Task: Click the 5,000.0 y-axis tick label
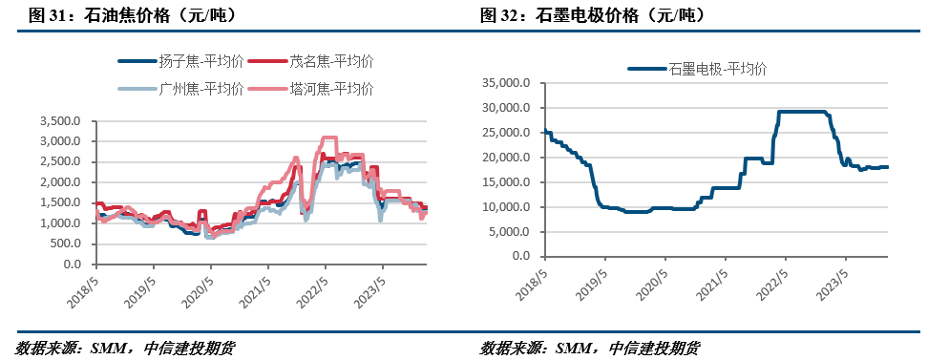tap(514, 232)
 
